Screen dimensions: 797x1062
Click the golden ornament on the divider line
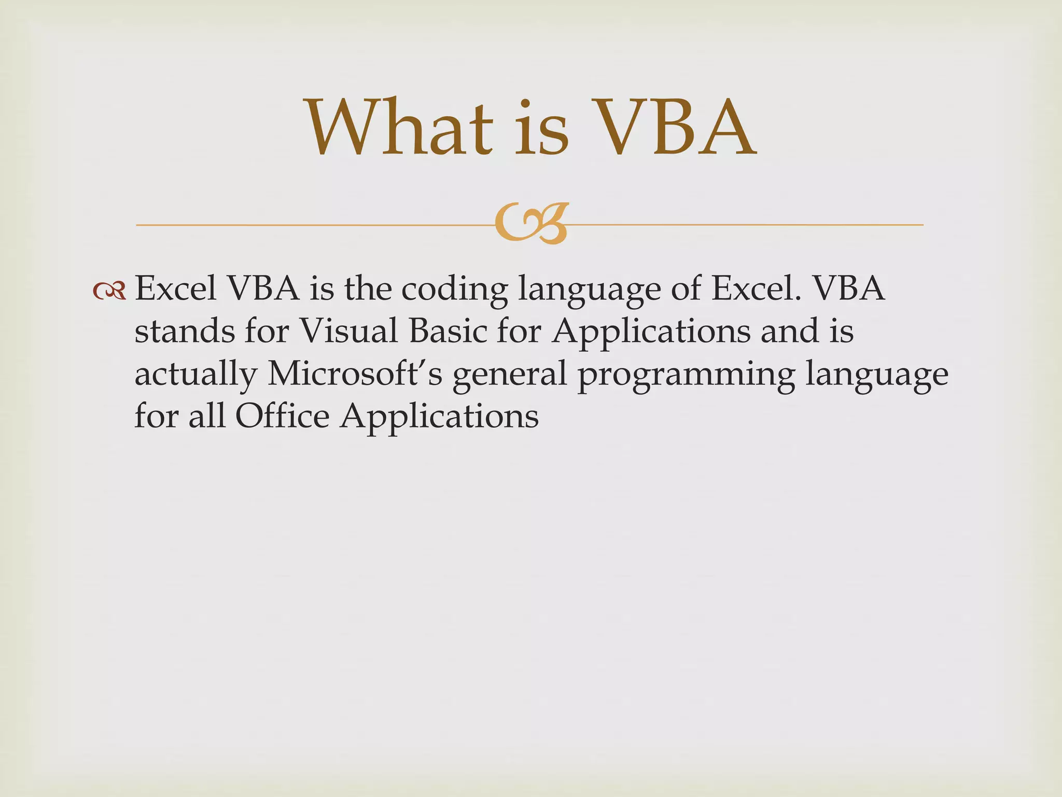click(x=531, y=224)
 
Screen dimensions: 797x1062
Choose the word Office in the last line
click(x=282, y=416)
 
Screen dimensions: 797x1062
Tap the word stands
click(x=185, y=331)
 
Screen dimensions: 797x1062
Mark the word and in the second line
click(x=789, y=331)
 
